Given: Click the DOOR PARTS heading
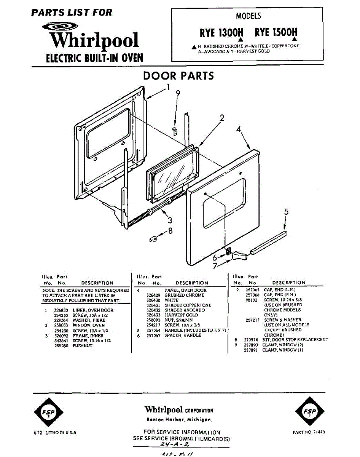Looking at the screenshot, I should click(x=178, y=75).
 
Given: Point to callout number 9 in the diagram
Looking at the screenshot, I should click(x=178, y=93).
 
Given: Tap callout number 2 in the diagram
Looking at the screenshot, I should click(x=222, y=118).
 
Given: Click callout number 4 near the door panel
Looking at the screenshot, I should click(x=239, y=129).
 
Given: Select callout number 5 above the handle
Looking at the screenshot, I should click(x=286, y=212).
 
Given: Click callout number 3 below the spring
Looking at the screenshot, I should click(x=170, y=220).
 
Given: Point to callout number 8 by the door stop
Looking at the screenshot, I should click(x=170, y=231).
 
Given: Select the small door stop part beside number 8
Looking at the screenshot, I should click(x=153, y=239).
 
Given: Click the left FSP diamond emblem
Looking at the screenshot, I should click(x=48, y=412).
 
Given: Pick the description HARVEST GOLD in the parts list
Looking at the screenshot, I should click(x=181, y=315).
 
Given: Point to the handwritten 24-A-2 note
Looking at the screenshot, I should click(x=175, y=444).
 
